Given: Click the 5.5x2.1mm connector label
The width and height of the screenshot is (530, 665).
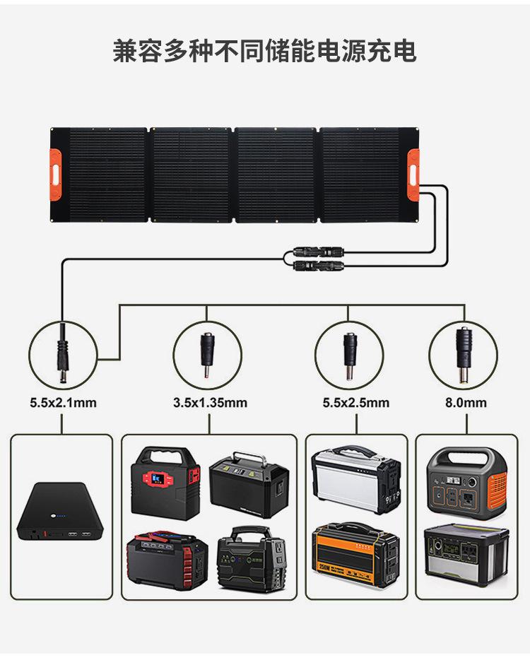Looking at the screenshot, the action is (x=63, y=403).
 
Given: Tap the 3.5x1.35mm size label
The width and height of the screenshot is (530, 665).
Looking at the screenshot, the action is (x=210, y=403).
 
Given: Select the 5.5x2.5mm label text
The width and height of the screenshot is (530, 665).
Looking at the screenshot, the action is (x=355, y=403).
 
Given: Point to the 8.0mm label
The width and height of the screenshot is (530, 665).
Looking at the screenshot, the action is (x=465, y=403).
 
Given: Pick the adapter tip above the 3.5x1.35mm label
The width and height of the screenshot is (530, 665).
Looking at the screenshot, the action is (x=207, y=353).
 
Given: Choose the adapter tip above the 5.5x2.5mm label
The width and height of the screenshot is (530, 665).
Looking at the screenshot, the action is (x=349, y=353).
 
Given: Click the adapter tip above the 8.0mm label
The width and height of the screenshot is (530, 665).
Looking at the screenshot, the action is (x=464, y=354).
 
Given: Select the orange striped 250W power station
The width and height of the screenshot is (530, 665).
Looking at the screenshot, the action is (x=355, y=555).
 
